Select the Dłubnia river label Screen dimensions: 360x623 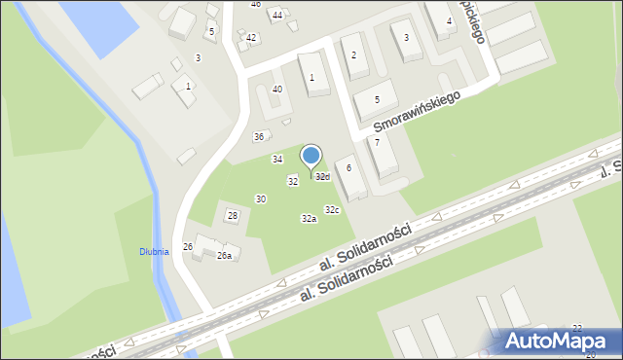154,251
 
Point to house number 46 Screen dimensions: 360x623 256,4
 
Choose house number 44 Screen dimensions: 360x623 277,16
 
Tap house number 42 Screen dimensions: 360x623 251,38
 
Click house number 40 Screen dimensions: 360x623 277,90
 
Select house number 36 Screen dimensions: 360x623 259,136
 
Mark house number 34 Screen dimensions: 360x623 277,159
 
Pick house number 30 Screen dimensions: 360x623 261,199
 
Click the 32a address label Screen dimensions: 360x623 309,219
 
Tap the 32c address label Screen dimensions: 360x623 332,210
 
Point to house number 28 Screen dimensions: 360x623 233,215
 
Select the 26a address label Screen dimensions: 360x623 224,256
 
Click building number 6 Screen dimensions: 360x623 348,168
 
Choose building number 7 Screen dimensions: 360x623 377,143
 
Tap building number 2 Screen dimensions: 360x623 353,55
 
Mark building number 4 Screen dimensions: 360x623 449,21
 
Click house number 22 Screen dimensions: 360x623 577,329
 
